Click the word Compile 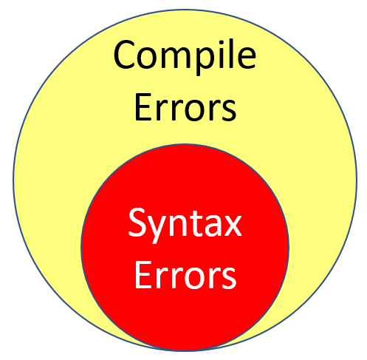click(185, 57)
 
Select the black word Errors click(185, 107)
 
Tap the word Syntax click(185, 225)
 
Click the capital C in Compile click(125, 55)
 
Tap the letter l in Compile click(231, 55)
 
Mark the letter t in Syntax click(193, 224)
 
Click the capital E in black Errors click(143, 106)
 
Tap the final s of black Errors click(229, 110)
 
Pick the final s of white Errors click(229, 278)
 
